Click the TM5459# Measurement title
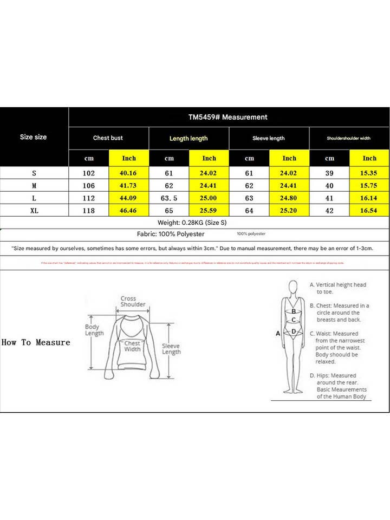[x=227, y=117]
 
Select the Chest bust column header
[x=108, y=138]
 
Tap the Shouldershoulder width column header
[x=348, y=138]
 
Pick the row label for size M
[x=34, y=186]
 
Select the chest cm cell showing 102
[x=89, y=174]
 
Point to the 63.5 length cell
[x=169, y=198]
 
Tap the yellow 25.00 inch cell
[x=209, y=198]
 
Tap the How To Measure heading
[x=36, y=342]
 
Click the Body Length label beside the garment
[x=94, y=330]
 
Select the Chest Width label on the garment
[x=132, y=346]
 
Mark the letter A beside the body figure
[x=278, y=334]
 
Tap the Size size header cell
[x=34, y=137]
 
